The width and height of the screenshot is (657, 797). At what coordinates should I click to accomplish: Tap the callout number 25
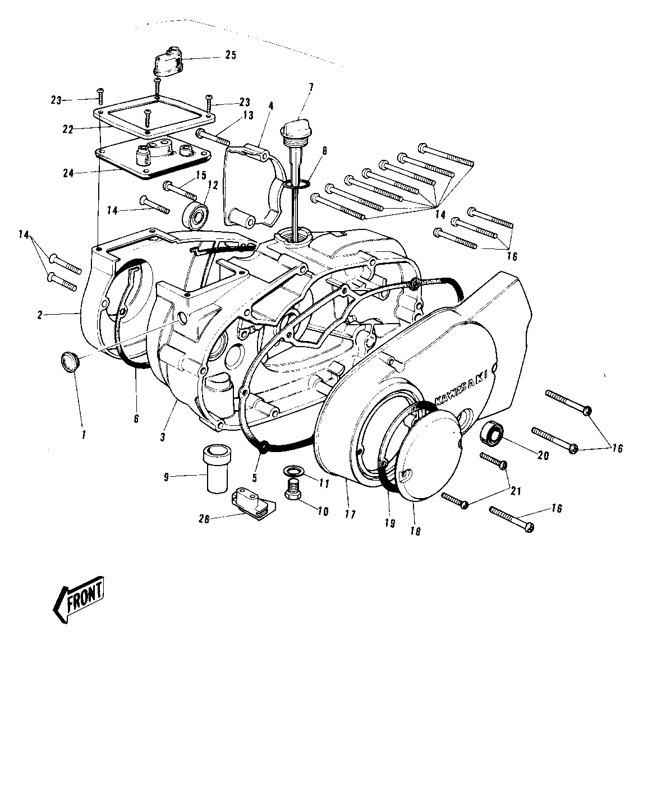231,56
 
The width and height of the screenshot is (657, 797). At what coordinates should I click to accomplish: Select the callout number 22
68,130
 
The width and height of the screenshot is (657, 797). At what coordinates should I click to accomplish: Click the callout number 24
68,173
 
